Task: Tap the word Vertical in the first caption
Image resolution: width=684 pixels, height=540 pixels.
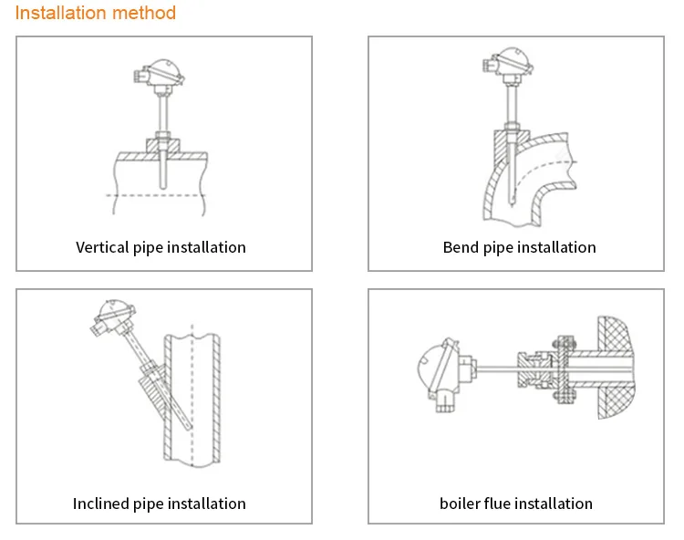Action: (102, 247)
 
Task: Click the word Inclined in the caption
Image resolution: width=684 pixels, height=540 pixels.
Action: (101, 504)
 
